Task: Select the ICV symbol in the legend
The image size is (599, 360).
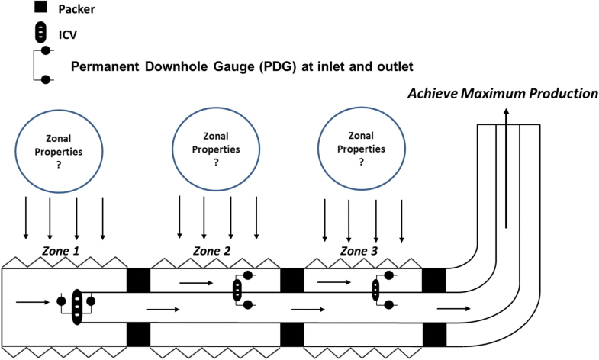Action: (x=44, y=34)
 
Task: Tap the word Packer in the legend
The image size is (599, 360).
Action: (x=90, y=9)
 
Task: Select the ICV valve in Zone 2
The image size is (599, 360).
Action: (x=237, y=291)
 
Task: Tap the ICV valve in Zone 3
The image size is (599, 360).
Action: (x=375, y=291)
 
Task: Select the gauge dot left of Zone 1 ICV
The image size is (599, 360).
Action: (x=60, y=302)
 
